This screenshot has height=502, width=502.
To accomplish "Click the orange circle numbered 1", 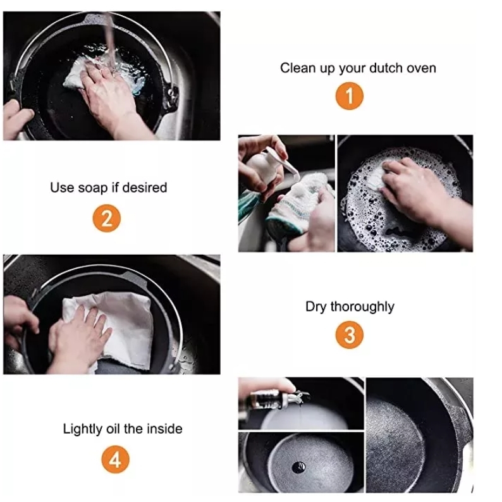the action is [x=349, y=95].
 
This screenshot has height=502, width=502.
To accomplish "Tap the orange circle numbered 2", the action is [x=107, y=218].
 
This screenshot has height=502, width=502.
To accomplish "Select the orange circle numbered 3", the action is [x=349, y=334].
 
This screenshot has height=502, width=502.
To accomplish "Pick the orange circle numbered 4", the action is [x=115, y=460].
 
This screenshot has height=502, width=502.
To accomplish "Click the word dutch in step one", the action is [x=385, y=68].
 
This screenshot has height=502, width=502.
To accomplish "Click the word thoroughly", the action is [x=362, y=307].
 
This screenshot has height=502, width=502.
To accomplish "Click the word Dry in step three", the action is [x=316, y=307].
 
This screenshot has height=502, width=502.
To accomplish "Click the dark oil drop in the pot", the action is [x=298, y=468].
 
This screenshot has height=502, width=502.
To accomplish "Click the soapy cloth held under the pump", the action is [x=296, y=205].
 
